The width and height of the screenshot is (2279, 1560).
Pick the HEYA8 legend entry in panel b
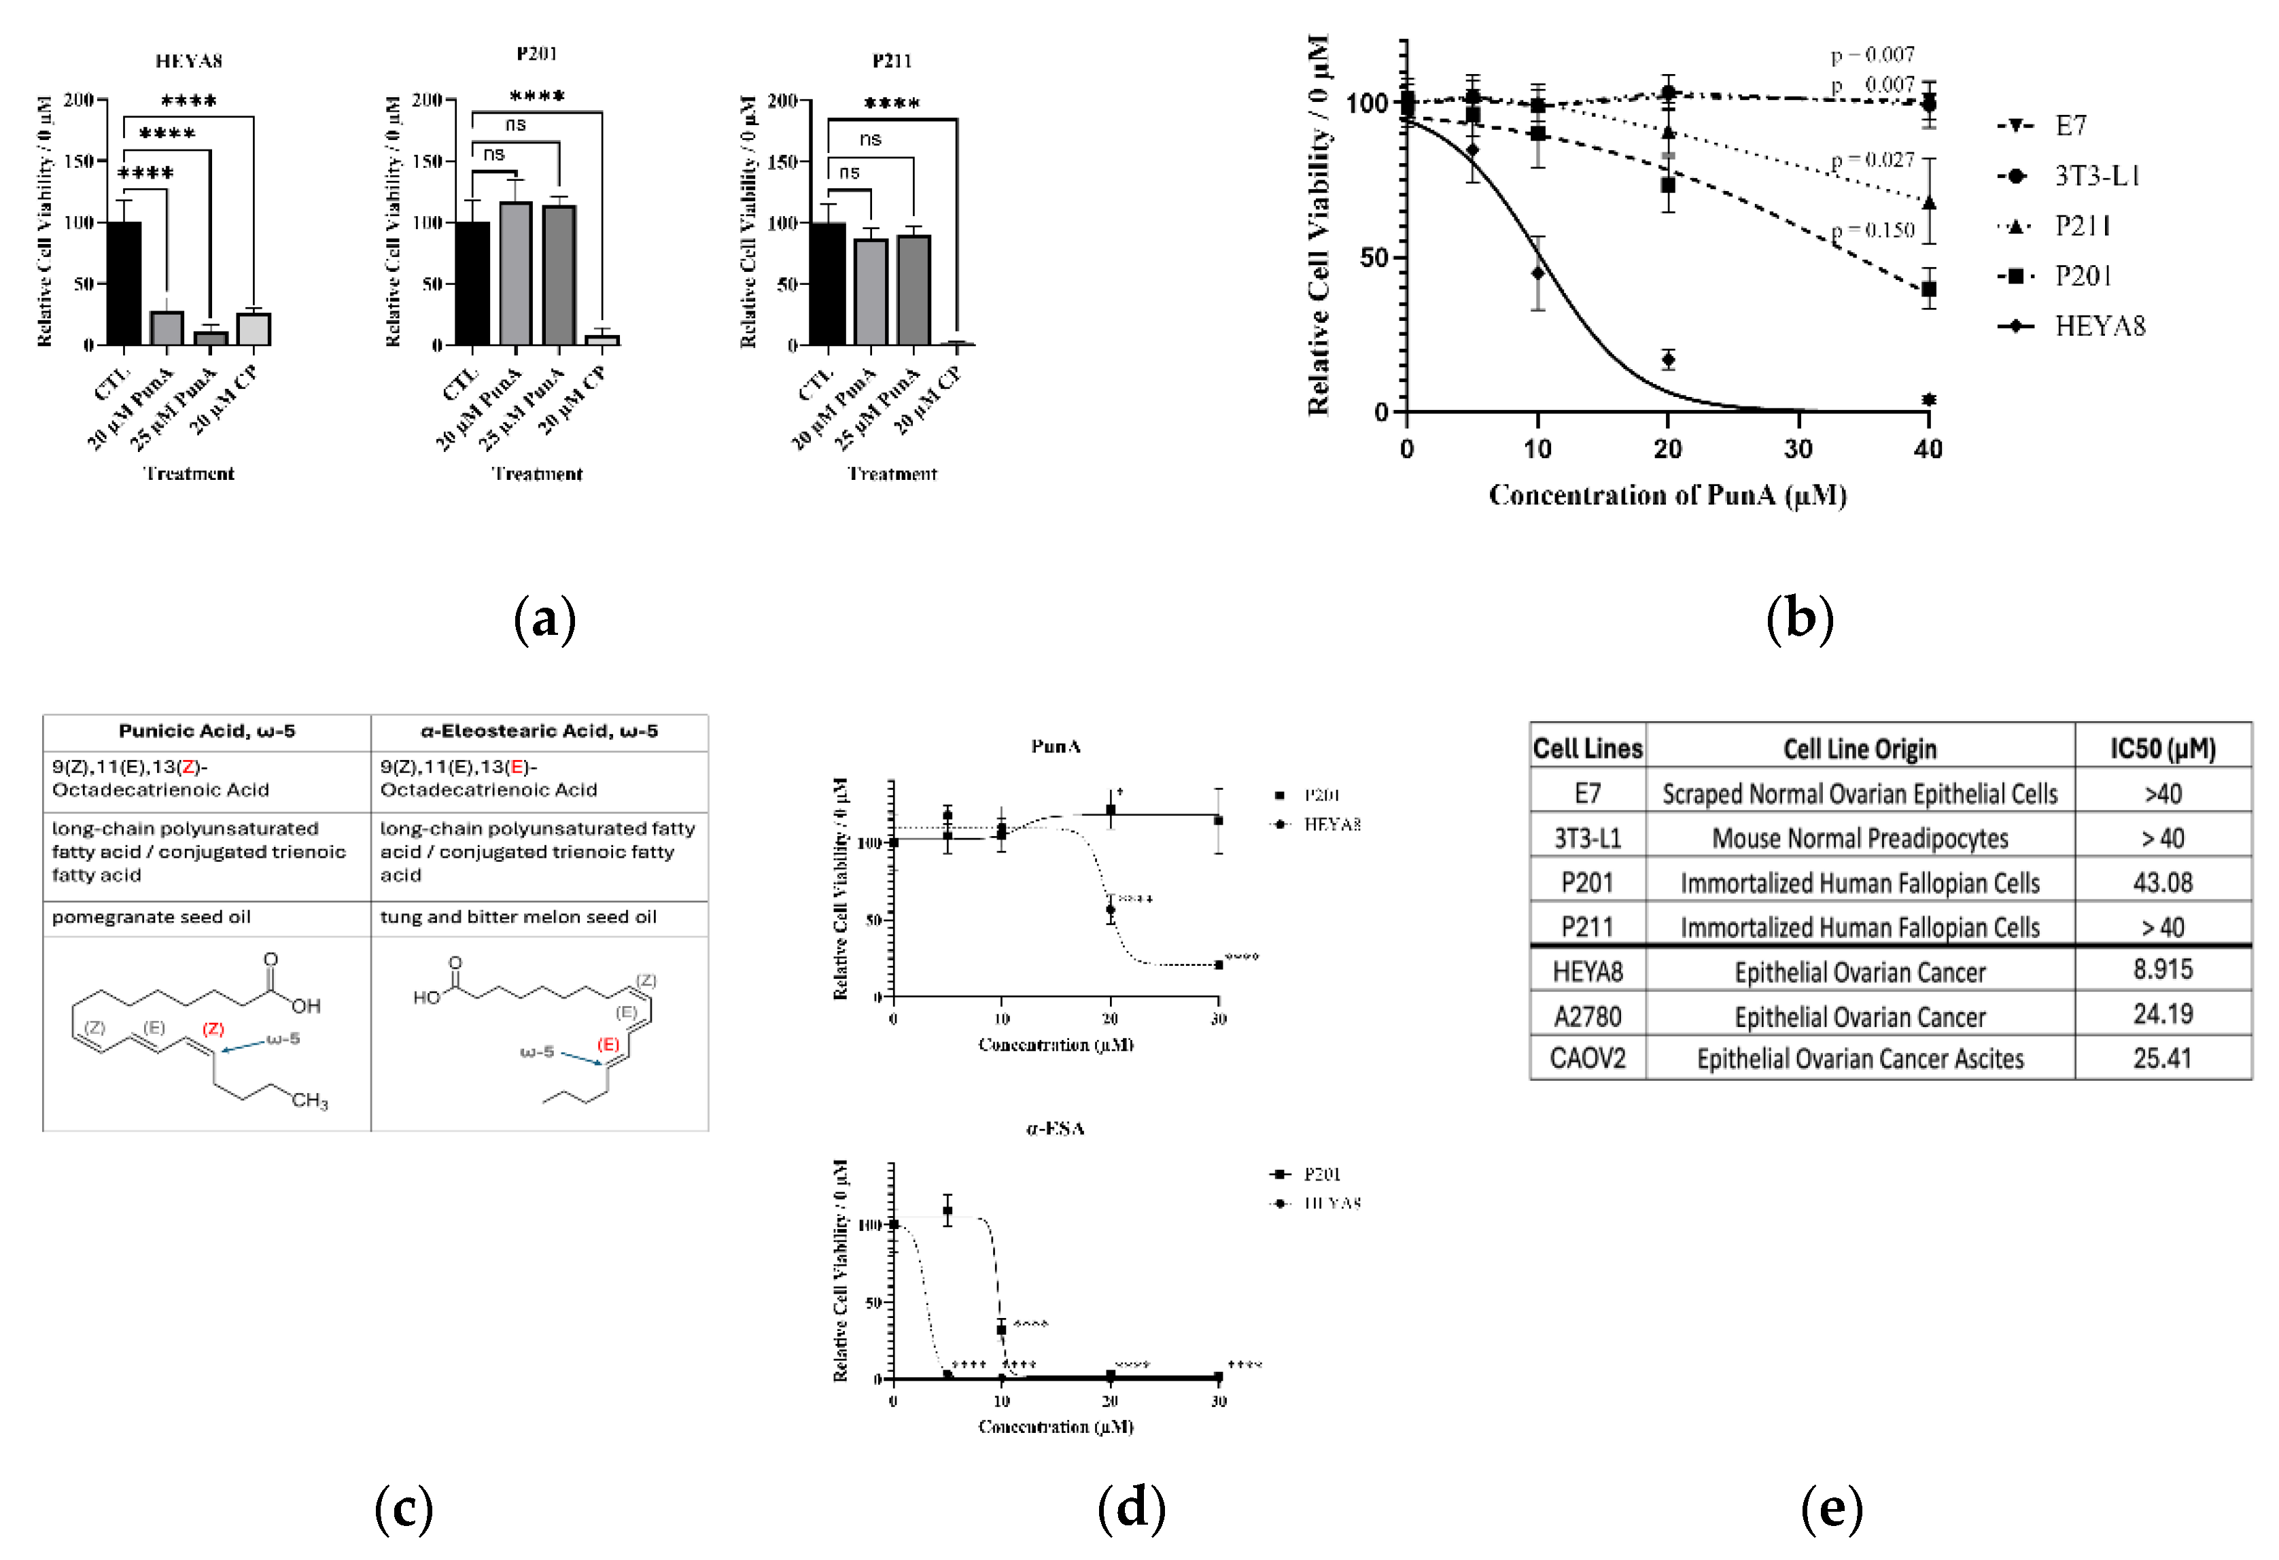pos(2099,326)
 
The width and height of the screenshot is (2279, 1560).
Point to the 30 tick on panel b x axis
pos(1798,449)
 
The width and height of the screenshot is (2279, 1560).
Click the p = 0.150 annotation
pos(1873,230)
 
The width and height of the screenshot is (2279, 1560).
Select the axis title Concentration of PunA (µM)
pos(1667,495)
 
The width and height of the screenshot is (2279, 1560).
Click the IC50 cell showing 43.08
pos(2162,882)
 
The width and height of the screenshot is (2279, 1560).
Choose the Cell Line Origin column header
pos(1859,749)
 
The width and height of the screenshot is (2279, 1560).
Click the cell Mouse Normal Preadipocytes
pos(1859,838)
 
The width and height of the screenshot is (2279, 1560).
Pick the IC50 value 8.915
pos(2162,970)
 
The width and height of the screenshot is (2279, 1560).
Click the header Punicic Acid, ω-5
pos(207,731)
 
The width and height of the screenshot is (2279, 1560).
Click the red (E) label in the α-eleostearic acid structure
pos(609,1044)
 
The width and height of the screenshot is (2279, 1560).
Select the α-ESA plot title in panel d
pos(1055,1128)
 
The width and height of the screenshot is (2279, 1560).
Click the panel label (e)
pos(1831,1507)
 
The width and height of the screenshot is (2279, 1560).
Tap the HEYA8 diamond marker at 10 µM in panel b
pos(1537,273)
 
